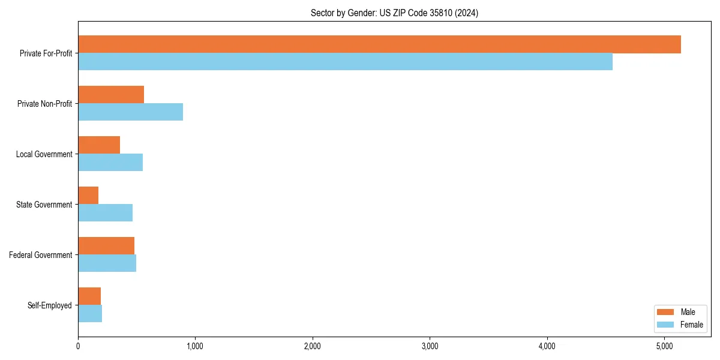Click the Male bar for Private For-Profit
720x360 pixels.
tap(379, 44)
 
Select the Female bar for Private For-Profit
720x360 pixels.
tap(345, 62)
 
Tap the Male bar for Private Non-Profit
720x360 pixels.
tap(111, 95)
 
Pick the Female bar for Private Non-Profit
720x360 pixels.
tap(130, 112)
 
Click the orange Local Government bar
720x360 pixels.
tap(99, 145)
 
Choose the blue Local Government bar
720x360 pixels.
tap(110, 163)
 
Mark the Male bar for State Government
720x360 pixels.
tap(88, 196)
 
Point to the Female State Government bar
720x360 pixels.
tap(105, 213)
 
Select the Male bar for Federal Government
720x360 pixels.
tap(106, 246)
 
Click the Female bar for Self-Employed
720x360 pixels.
tap(90, 314)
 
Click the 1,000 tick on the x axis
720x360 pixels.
tap(194, 346)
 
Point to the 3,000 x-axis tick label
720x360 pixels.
tap(429, 346)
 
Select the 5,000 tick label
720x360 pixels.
tap(664, 346)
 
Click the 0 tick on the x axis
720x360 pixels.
tap(78, 346)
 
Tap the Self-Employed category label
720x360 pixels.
tap(50, 305)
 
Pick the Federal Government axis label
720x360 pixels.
tap(41, 255)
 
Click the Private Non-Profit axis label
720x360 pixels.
tap(44, 104)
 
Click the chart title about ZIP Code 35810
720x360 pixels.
tap(394, 13)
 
